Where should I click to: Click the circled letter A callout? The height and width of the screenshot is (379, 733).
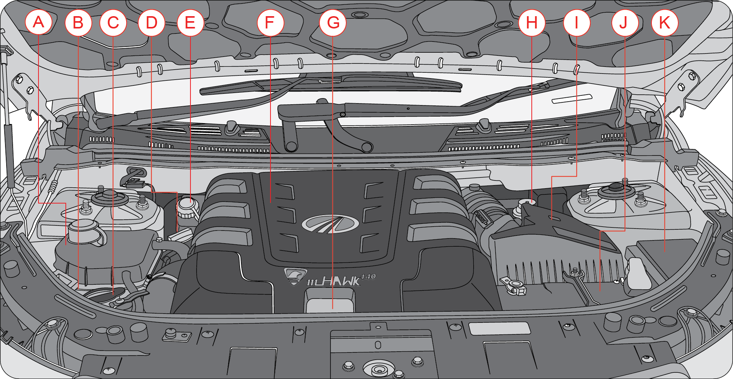(x=38, y=22)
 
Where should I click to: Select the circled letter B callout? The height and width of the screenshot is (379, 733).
(x=78, y=22)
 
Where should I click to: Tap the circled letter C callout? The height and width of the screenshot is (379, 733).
(x=113, y=22)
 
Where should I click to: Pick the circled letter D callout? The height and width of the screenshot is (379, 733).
(x=151, y=22)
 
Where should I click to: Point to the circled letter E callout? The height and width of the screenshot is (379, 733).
(x=190, y=22)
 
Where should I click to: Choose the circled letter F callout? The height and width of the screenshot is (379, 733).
(x=270, y=22)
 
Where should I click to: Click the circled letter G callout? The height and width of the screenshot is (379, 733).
(x=333, y=22)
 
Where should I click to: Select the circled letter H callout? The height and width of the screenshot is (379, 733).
(x=532, y=22)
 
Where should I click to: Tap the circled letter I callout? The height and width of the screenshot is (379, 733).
(x=576, y=22)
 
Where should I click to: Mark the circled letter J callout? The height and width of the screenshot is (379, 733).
(x=624, y=22)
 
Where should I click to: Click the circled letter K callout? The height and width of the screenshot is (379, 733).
(x=665, y=22)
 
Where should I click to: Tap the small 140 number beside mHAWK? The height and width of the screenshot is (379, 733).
(x=368, y=276)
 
